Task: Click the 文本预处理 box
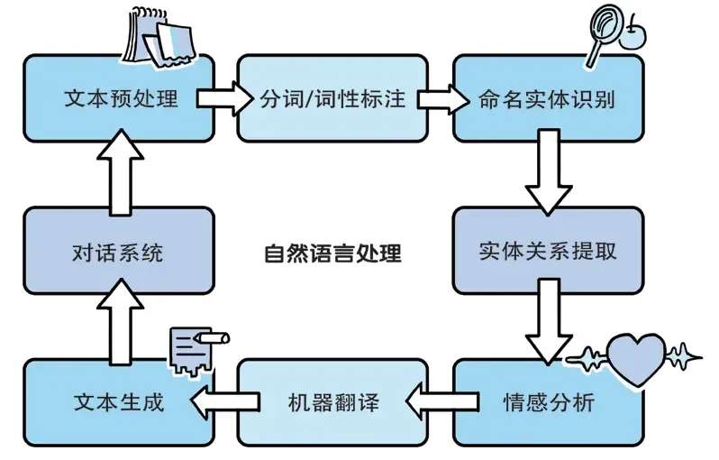119,98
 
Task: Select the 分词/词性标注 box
332,98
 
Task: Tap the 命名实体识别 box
547,98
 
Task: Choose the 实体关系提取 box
547,251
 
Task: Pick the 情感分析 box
547,402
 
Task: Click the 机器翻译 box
332,402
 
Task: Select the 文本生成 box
119,402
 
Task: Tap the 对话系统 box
119,251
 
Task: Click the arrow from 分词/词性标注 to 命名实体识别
440,97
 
